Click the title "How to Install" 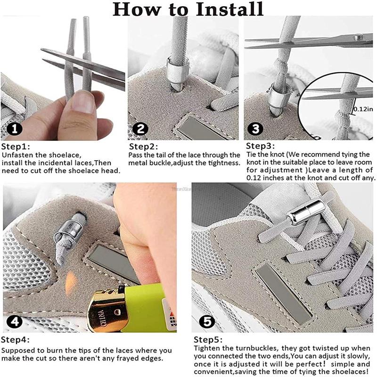(188, 9)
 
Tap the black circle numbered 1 (15, 129)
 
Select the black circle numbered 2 (140, 129)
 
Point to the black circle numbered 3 (255, 129)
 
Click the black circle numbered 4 (15, 322)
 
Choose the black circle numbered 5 (207, 322)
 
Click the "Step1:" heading (16, 147)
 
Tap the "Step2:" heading (144, 147)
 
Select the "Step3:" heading (261, 146)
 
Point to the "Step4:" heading (15, 340)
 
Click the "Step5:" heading (208, 340)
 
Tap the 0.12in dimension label (363, 109)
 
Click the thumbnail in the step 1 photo (83, 103)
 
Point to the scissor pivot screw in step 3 (358, 37)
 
